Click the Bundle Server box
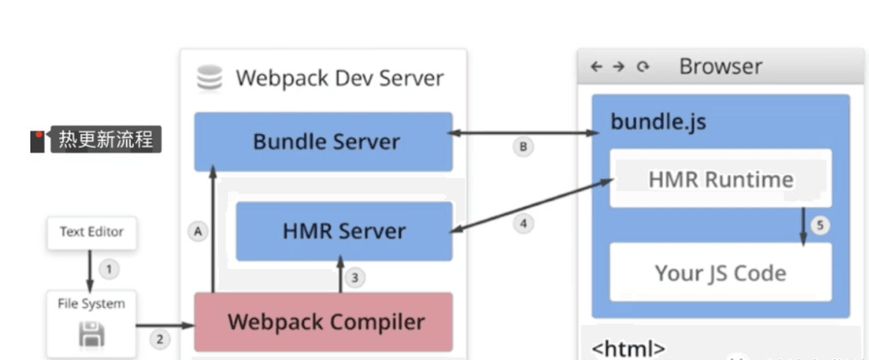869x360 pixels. pyautogui.click(x=323, y=142)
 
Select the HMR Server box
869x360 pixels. pyautogui.click(x=344, y=231)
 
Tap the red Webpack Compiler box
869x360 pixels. pyautogui.click(x=323, y=322)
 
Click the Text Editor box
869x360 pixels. pyautogui.click(x=92, y=232)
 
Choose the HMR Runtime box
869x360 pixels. pyautogui.click(x=720, y=179)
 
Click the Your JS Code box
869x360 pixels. pyautogui.click(x=720, y=272)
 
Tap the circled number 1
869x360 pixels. pyautogui.click(x=109, y=269)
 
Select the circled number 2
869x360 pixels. pyautogui.click(x=159, y=340)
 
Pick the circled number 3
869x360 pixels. pyautogui.click(x=355, y=278)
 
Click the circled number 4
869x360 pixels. pyautogui.click(x=523, y=224)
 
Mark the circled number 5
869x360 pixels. pyautogui.click(x=820, y=225)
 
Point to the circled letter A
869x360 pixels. pyautogui.click(x=197, y=231)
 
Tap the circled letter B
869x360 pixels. pyautogui.click(x=523, y=147)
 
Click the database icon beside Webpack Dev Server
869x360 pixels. pyautogui.click(x=210, y=78)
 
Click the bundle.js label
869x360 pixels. pyautogui.click(x=657, y=122)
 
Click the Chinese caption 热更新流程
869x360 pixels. pyautogui.click(x=105, y=140)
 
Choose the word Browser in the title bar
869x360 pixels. pyautogui.click(x=720, y=67)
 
